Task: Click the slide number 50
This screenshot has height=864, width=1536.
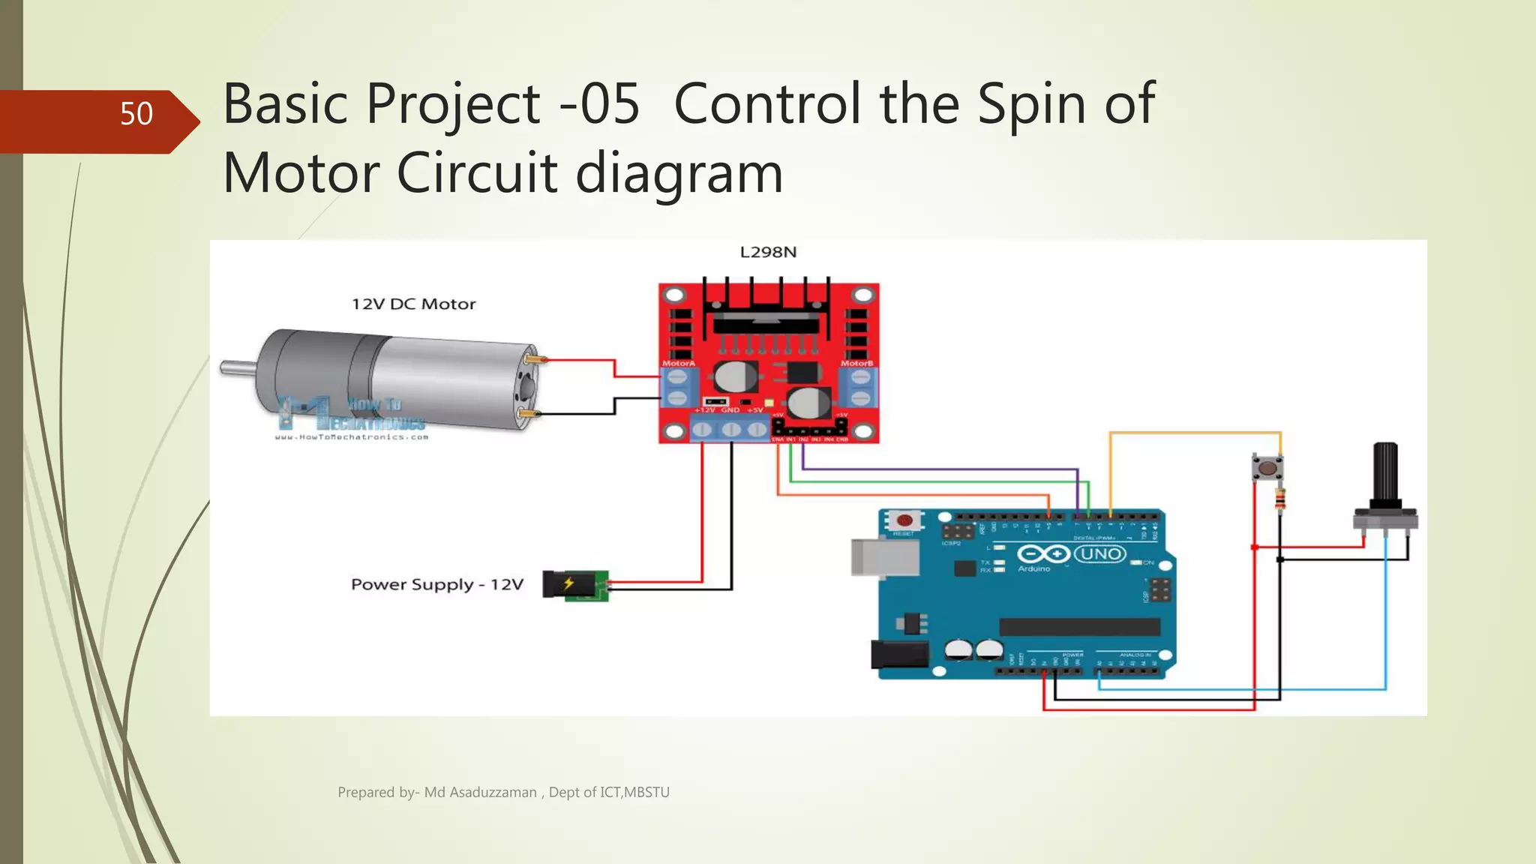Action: point(136,114)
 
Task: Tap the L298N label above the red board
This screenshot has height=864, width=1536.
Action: point(768,252)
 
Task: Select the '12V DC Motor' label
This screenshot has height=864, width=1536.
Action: point(413,304)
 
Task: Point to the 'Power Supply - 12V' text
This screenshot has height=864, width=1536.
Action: point(436,584)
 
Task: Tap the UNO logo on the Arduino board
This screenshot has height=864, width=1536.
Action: point(1100,554)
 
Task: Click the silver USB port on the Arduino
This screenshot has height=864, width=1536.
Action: point(884,558)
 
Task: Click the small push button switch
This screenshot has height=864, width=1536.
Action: point(1267,469)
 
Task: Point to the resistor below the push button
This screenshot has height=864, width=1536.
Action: point(1280,499)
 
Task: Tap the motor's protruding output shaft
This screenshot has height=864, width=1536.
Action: point(237,367)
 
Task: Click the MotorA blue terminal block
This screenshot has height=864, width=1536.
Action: point(677,388)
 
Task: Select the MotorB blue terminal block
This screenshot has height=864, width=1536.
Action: point(859,388)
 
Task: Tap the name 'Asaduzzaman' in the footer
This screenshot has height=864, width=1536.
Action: point(493,792)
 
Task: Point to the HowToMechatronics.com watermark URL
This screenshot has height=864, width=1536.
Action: point(351,436)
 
